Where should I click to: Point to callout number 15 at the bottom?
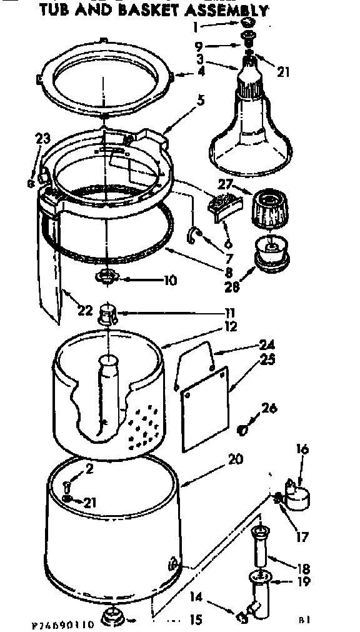[195, 620]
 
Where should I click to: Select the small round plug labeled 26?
[246, 430]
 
